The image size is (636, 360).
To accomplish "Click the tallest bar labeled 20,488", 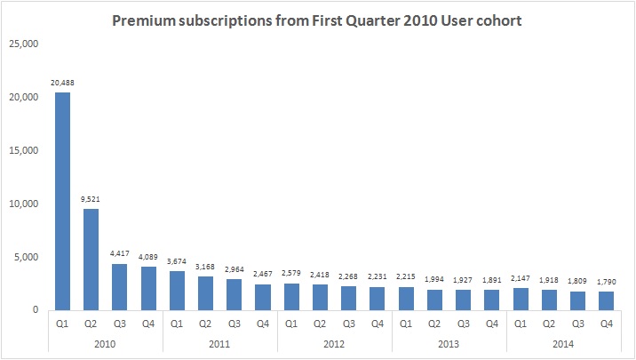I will [x=63, y=201].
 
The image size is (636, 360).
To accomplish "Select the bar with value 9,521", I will [x=91, y=259].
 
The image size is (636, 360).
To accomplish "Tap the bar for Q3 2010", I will [x=120, y=286].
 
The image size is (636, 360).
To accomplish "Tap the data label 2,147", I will [x=521, y=279].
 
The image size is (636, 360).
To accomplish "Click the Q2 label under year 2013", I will [x=435, y=324].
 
